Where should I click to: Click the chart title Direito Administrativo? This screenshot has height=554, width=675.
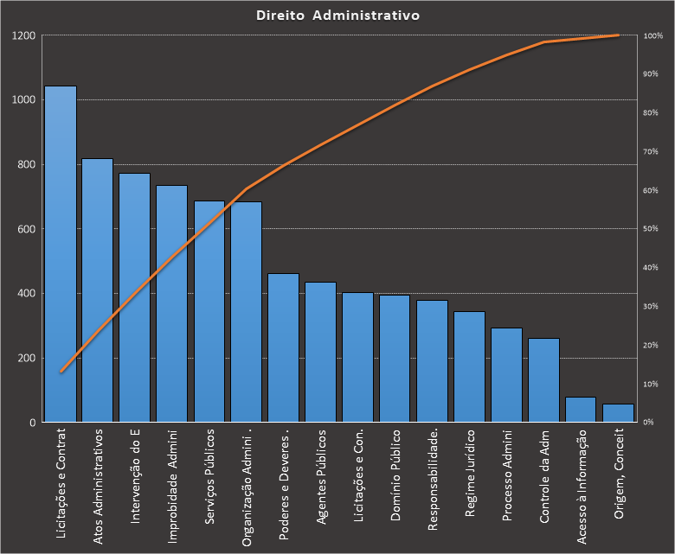click(338, 16)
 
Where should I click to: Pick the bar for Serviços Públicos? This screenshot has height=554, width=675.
click(209, 312)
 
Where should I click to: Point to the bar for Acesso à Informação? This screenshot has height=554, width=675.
click(582, 410)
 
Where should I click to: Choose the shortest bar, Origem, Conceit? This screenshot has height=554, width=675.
click(619, 413)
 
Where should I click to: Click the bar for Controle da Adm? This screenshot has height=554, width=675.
click(544, 380)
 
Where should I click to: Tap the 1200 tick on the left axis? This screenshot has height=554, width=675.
click(24, 35)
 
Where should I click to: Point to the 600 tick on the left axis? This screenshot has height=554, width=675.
click(27, 229)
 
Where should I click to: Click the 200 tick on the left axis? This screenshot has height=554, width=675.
click(27, 358)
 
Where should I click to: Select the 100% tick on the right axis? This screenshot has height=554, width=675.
click(652, 35)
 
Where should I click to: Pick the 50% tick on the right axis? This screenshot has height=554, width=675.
click(652, 229)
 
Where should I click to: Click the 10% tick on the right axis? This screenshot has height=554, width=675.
click(652, 384)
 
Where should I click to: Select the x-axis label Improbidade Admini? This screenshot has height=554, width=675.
click(172, 484)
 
